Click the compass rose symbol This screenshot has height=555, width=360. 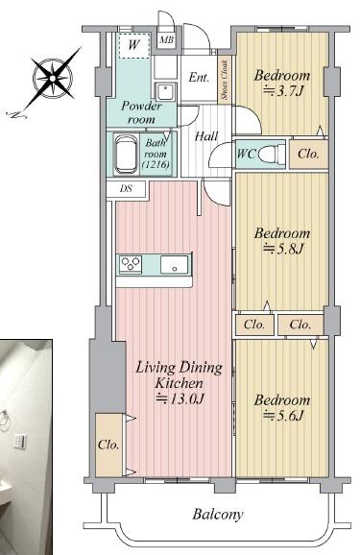(53, 78)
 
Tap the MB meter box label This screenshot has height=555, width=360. (166, 40)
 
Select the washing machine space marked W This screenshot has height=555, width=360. (133, 46)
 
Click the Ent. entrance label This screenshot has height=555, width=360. (199, 77)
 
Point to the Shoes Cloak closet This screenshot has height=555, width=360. (225, 80)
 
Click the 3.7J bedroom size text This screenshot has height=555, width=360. (283, 91)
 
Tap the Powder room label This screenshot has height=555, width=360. (141, 112)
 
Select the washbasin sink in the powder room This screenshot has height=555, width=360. (166, 92)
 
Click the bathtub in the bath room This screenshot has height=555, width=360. (126, 155)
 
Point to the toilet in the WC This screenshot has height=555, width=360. (272, 154)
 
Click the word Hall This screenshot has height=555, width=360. (206, 136)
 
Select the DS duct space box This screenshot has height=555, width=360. (126, 189)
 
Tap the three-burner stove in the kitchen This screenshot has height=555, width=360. (131, 264)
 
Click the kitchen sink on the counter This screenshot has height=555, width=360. (174, 264)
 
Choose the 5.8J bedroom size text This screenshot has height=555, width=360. (283, 250)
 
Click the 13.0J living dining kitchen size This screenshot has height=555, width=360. (180, 399)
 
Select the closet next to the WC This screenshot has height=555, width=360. (309, 154)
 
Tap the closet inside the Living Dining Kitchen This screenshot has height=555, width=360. (108, 445)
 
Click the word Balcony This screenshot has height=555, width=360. (218, 515)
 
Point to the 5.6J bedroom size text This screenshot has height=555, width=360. (283, 416)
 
